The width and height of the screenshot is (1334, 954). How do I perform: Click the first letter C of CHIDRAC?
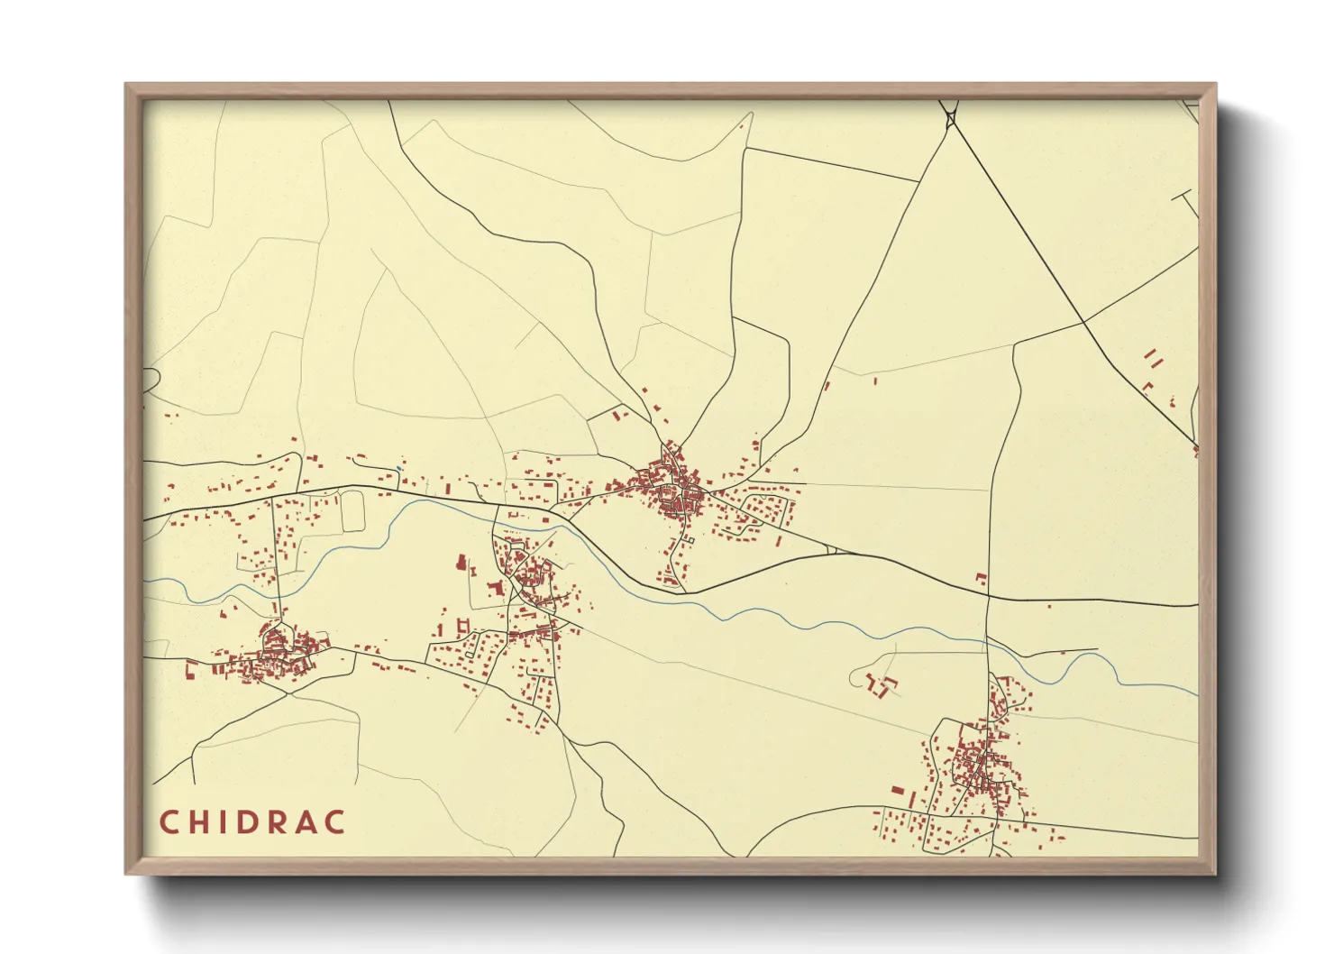pos(169,822)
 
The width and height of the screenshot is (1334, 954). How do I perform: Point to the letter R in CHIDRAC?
pos(276,822)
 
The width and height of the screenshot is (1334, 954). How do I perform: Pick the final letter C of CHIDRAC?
pos(334,822)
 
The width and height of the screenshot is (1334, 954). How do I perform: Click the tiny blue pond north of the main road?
pos(397,468)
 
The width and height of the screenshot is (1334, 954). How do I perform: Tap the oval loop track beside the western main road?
pos(352,509)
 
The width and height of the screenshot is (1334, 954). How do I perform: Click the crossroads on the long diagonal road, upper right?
pos(1083,322)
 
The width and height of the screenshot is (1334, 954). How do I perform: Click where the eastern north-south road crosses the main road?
pos(989,596)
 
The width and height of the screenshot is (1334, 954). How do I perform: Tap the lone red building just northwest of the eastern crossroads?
pos(981,578)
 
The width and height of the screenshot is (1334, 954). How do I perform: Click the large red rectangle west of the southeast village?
pos(897,791)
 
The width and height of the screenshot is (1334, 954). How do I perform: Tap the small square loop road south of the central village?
pos(688,540)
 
